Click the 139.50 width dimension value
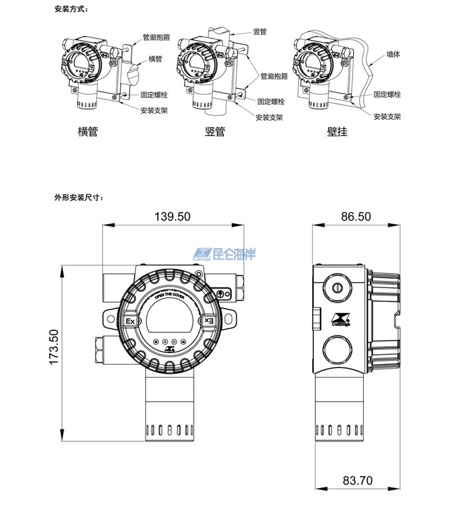pyautogui.click(x=172, y=216)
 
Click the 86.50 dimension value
pyautogui.click(x=356, y=216)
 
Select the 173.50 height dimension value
pyautogui.click(x=54, y=347)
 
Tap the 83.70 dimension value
pyautogui.click(x=358, y=480)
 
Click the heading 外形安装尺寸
pyautogui.click(x=79, y=197)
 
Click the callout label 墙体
pyautogui.click(x=393, y=55)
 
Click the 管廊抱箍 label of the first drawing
pyautogui.click(x=156, y=38)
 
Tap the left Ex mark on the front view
pyautogui.click(x=130, y=321)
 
